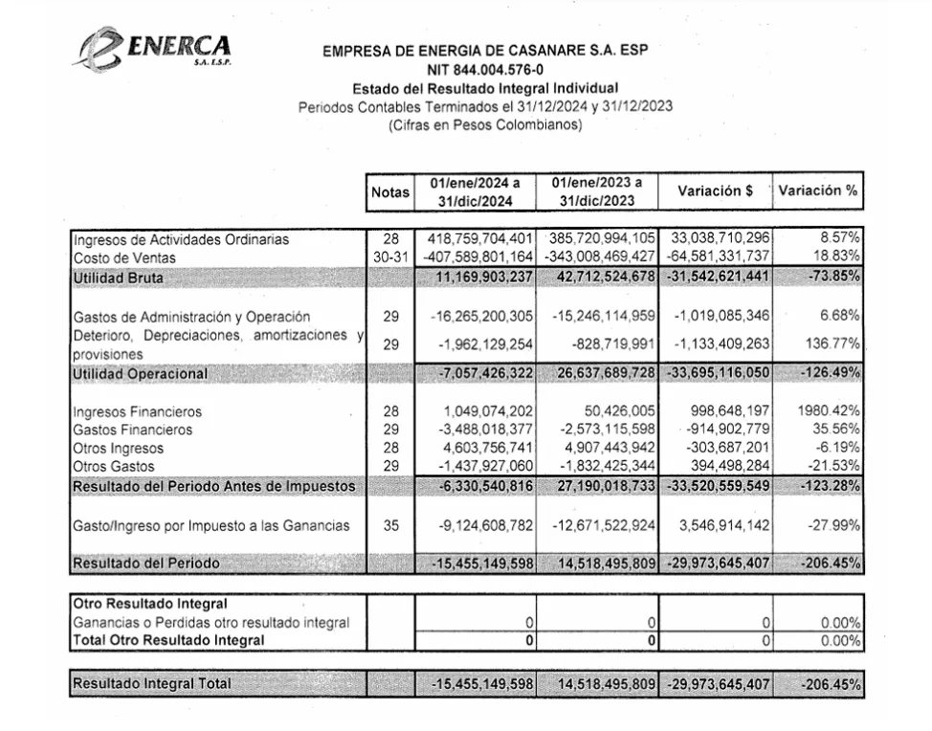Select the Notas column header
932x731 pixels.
point(389,192)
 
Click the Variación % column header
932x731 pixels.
point(817,190)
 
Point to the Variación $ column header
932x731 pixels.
point(715,190)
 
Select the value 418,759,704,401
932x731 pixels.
point(474,239)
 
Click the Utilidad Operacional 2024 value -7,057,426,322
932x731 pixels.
point(477,372)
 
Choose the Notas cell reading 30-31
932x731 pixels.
point(389,257)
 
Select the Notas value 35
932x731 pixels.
point(389,525)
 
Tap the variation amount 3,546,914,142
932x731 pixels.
point(717,525)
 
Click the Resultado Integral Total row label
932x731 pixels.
point(152,684)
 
